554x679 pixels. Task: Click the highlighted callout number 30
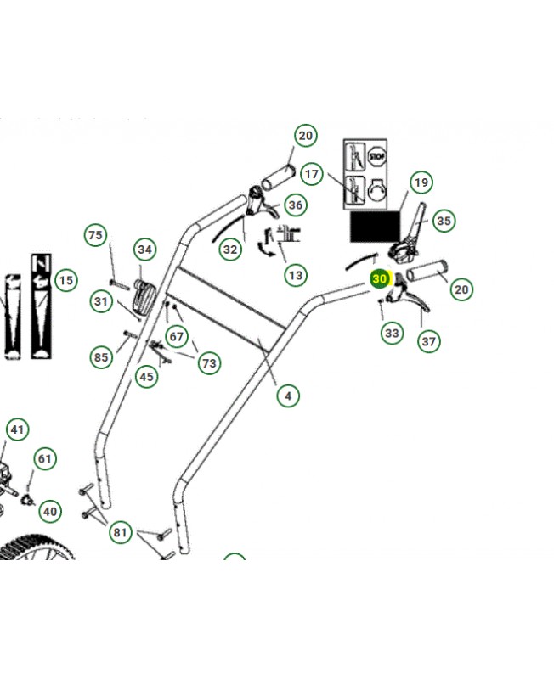pyautogui.click(x=380, y=278)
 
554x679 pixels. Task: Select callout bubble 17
pyautogui.click(x=313, y=175)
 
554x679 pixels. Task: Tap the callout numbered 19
pyautogui.click(x=420, y=182)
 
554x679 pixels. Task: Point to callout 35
pyautogui.click(x=444, y=221)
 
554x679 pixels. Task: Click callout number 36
pyautogui.click(x=296, y=205)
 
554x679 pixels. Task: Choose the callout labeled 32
pyautogui.click(x=230, y=250)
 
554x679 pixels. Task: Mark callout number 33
pyautogui.click(x=392, y=334)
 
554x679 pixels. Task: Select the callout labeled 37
pyautogui.click(x=429, y=341)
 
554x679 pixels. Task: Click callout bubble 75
pyautogui.click(x=95, y=236)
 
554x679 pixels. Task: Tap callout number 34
pyautogui.click(x=145, y=250)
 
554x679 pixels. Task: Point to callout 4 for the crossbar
pyautogui.click(x=288, y=396)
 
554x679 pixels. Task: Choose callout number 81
pyautogui.click(x=121, y=533)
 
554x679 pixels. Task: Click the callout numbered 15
pyautogui.click(x=65, y=280)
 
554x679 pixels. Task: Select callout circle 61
pyautogui.click(x=45, y=459)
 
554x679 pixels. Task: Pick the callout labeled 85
pyautogui.click(x=101, y=357)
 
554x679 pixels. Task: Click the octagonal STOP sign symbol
pyautogui.click(x=377, y=156)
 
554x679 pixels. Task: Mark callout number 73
pyautogui.click(x=208, y=363)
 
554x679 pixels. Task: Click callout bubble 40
pyautogui.click(x=51, y=511)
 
